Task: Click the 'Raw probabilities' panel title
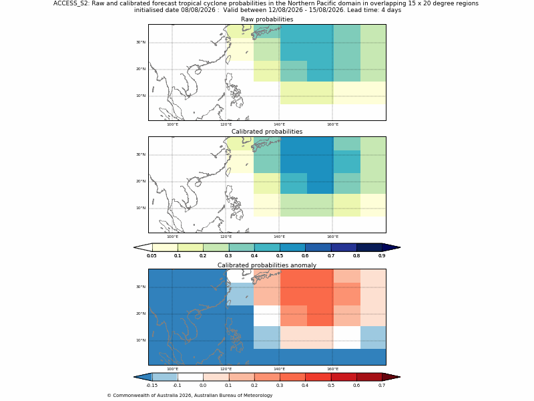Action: pyautogui.click(x=267, y=19)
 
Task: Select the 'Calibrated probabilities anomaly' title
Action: pyautogui.click(x=267, y=265)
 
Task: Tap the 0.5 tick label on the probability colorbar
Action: pyautogui.click(x=280, y=256)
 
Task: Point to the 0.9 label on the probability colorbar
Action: pyautogui.click(x=382, y=256)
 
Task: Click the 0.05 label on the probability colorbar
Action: pyautogui.click(x=152, y=256)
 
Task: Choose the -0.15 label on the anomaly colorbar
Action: pyautogui.click(x=152, y=386)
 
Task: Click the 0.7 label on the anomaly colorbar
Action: pyautogui.click(x=382, y=386)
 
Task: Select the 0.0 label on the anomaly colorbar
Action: pyautogui.click(x=203, y=386)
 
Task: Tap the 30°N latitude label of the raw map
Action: pyautogui.click(x=141, y=42)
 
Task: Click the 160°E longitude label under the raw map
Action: pyautogui.click(x=332, y=124)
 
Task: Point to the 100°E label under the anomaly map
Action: pyautogui.click(x=172, y=369)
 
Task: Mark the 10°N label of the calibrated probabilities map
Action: pyautogui.click(x=141, y=208)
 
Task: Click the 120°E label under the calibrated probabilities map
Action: pyautogui.click(x=226, y=237)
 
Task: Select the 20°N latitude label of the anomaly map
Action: pyautogui.click(x=141, y=313)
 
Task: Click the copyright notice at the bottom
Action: pyautogui.click(x=190, y=396)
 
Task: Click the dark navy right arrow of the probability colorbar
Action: pyautogui.click(x=391, y=247)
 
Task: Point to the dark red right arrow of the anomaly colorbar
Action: pyautogui.click(x=391, y=377)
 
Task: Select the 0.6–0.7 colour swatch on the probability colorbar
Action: pyautogui.click(x=318, y=247)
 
